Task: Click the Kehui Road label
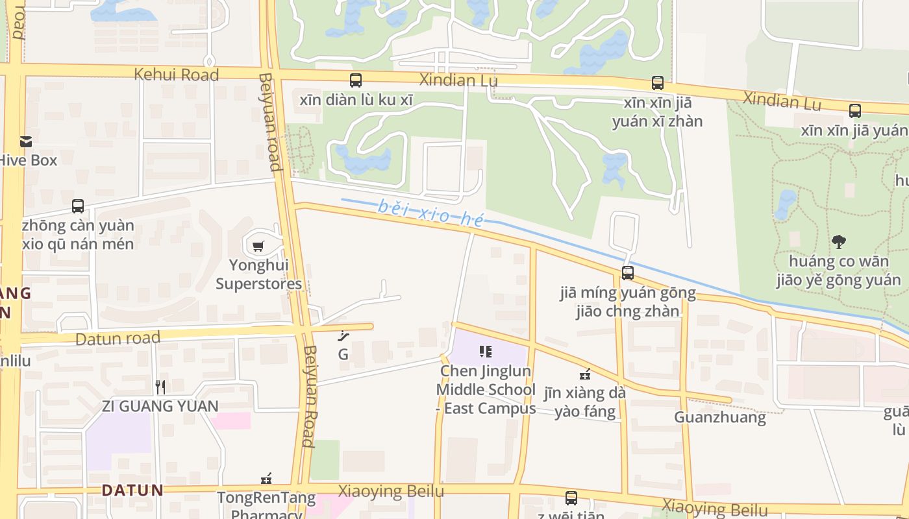pos(176,75)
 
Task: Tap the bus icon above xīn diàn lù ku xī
pos(356,80)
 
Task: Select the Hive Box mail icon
pos(26,141)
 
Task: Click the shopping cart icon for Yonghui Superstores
pos(258,246)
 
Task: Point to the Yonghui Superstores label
pos(258,274)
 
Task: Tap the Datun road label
pos(118,339)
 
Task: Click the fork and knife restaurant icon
pos(160,387)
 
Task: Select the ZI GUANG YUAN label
pos(160,407)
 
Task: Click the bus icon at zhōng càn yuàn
pos(78,206)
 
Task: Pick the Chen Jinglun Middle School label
pos(486,389)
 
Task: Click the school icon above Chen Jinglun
pos(486,352)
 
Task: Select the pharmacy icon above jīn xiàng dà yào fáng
pos(585,374)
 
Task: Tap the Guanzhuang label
pos(719,417)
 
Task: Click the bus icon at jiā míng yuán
pos(627,273)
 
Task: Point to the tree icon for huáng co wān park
pos(839,242)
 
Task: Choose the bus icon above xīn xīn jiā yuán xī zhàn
pos(658,83)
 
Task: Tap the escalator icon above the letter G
pos(343,335)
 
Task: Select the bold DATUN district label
pos(132,490)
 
